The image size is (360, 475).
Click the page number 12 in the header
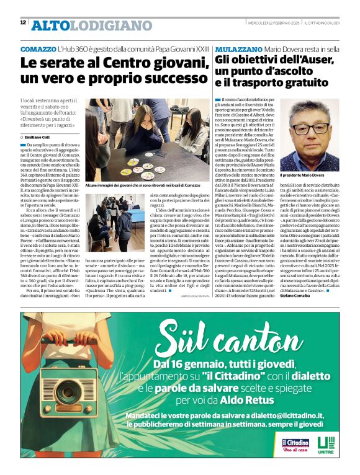click(23, 23)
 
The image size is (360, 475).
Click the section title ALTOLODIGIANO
click(83, 25)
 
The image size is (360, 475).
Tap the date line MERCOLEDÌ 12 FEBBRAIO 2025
click(267, 24)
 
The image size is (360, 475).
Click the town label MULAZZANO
click(238, 48)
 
